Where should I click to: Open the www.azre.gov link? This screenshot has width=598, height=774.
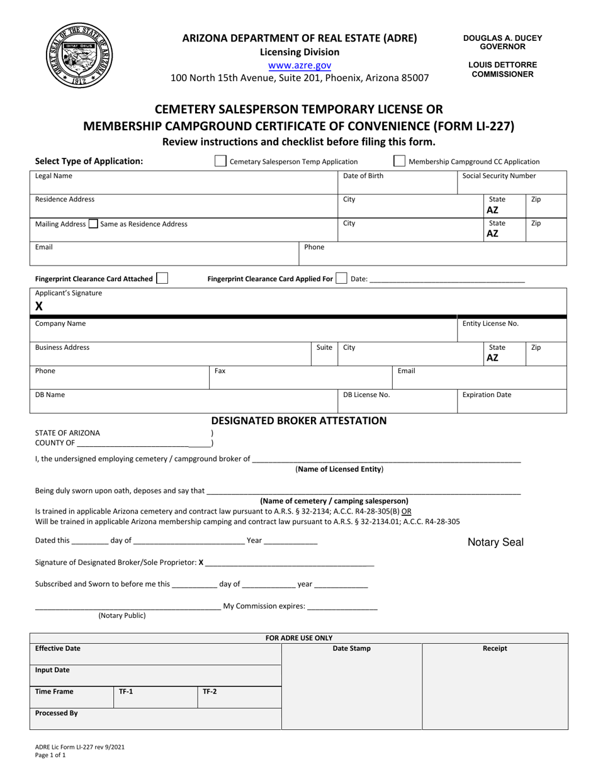pos(299,65)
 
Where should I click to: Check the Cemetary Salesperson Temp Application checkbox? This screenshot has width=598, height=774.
pos(220,161)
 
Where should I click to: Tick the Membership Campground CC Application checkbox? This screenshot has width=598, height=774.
pos(399,161)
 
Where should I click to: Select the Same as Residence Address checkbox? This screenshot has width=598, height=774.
pos(93,223)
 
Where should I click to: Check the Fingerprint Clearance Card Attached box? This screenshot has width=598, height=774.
pos(162,278)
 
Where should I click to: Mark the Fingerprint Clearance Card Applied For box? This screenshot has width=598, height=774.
pos(341,278)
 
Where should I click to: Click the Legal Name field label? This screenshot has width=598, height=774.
pos(54,176)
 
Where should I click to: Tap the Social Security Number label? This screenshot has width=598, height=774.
pos(499,176)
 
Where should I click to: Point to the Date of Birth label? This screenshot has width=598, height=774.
pos(363,176)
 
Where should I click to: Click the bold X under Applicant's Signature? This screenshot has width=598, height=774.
pos(39,306)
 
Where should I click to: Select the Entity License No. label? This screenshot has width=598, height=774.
pos(490,323)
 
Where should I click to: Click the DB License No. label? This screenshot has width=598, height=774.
pos(366,395)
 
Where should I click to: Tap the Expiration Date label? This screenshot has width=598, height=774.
pos(487,395)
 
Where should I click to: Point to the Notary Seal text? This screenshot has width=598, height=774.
pos(495,542)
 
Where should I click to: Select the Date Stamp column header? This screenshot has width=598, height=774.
pos(351,648)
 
